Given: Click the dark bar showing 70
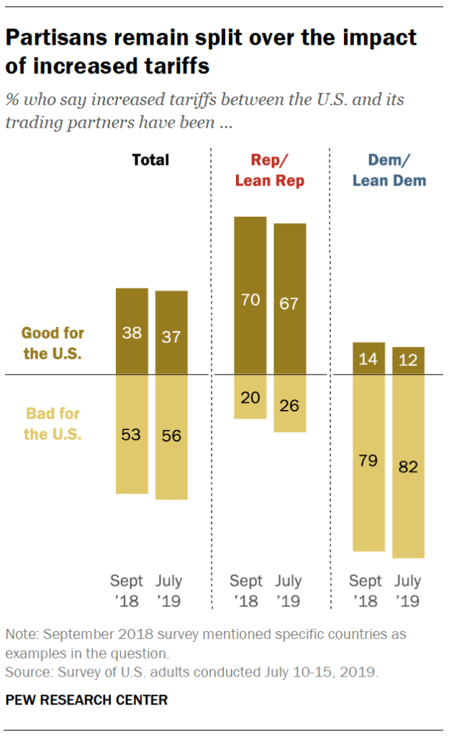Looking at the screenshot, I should click(x=250, y=295).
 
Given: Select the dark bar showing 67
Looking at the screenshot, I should click(x=290, y=299).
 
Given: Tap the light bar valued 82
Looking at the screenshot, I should click(x=408, y=466).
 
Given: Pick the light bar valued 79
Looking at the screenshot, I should click(x=368, y=463).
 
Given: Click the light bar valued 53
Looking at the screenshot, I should click(x=132, y=434).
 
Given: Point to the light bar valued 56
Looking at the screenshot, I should click(x=171, y=437).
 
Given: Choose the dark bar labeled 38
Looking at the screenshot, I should click(x=132, y=331).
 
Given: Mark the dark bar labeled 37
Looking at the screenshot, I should click(x=171, y=333).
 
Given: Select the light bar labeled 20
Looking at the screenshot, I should click(x=250, y=396).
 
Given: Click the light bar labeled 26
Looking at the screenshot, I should click(x=290, y=403).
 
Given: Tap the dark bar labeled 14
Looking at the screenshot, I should click(x=368, y=359).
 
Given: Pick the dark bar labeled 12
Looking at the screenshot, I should click(x=408, y=361).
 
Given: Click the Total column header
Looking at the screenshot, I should click(x=150, y=160).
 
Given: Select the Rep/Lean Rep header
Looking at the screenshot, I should click(x=270, y=170).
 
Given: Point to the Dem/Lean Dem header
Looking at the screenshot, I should click(x=389, y=170).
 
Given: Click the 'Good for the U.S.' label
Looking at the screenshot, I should click(x=53, y=344).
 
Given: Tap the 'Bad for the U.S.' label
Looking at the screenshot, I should click(x=53, y=424).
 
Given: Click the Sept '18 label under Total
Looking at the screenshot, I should click(x=127, y=591).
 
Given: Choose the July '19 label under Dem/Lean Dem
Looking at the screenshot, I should click(x=408, y=591).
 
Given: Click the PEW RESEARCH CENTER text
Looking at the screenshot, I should click(x=86, y=700).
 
